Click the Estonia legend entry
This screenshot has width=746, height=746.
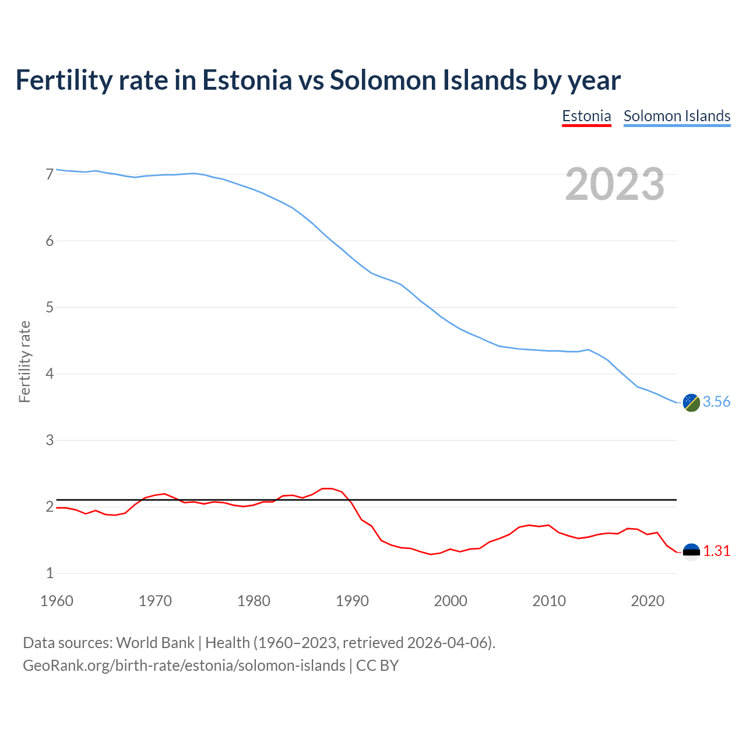(x=586, y=116)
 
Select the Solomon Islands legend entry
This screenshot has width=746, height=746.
(x=677, y=116)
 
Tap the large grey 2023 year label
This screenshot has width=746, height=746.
(x=614, y=184)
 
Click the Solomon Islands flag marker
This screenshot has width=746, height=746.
(x=691, y=402)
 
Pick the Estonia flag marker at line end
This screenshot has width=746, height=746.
(x=691, y=551)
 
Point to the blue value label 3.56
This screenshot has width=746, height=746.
(x=716, y=402)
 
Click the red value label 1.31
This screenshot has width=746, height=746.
(x=716, y=551)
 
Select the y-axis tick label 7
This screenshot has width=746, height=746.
(x=50, y=174)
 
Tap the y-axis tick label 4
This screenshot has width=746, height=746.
(x=50, y=374)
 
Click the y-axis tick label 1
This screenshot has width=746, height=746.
(x=50, y=573)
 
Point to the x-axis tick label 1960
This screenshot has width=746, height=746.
(x=57, y=601)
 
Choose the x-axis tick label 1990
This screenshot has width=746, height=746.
(x=352, y=601)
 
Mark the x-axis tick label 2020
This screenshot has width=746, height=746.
(x=648, y=601)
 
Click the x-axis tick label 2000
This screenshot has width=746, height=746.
(x=451, y=601)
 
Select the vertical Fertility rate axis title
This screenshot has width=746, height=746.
(x=24, y=361)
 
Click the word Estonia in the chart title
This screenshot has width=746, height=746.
(x=247, y=80)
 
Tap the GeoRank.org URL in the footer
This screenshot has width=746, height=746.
(x=184, y=666)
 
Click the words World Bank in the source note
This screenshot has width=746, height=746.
(x=155, y=643)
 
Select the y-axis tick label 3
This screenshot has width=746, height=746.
(x=50, y=440)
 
